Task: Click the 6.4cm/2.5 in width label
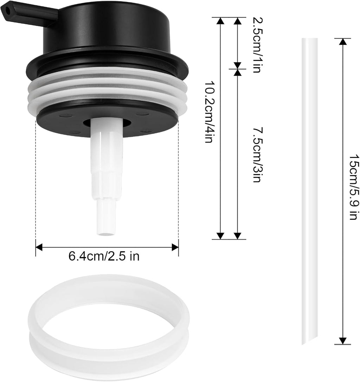[x=104, y=256]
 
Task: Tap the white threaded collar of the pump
[x=107, y=91]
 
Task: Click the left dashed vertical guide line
[x=36, y=183]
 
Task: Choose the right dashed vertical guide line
[x=178, y=183]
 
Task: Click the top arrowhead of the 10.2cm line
[x=220, y=21]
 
